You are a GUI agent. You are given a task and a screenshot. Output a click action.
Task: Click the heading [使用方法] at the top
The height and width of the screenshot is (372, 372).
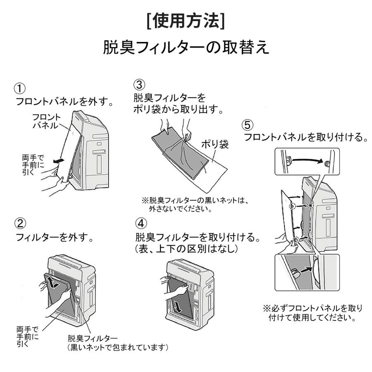[x=186, y=21]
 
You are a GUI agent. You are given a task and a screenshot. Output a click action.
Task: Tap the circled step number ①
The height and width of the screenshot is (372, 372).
[x=20, y=88]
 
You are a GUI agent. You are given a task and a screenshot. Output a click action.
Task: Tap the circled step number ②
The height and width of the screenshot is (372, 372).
[x=20, y=224]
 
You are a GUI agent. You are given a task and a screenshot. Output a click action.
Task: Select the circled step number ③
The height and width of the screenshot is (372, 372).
[x=139, y=85]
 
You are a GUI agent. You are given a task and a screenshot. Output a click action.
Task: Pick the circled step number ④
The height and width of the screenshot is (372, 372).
[x=141, y=224]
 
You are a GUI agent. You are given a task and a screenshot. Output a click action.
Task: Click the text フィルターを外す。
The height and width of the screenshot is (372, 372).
[x=54, y=238]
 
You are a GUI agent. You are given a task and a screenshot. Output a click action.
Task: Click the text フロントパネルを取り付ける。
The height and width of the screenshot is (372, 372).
[x=306, y=137]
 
